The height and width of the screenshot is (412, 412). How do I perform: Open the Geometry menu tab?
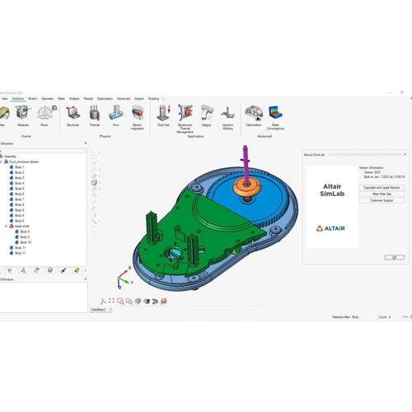pos(47,98)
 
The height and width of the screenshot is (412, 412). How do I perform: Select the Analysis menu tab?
pos(74,98)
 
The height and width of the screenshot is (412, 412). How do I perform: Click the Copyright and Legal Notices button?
pos(382,188)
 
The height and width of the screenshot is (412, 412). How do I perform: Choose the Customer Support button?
pos(382,200)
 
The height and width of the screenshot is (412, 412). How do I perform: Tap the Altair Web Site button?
pos(382,194)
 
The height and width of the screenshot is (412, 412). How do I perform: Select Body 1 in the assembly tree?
pos(20,167)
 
